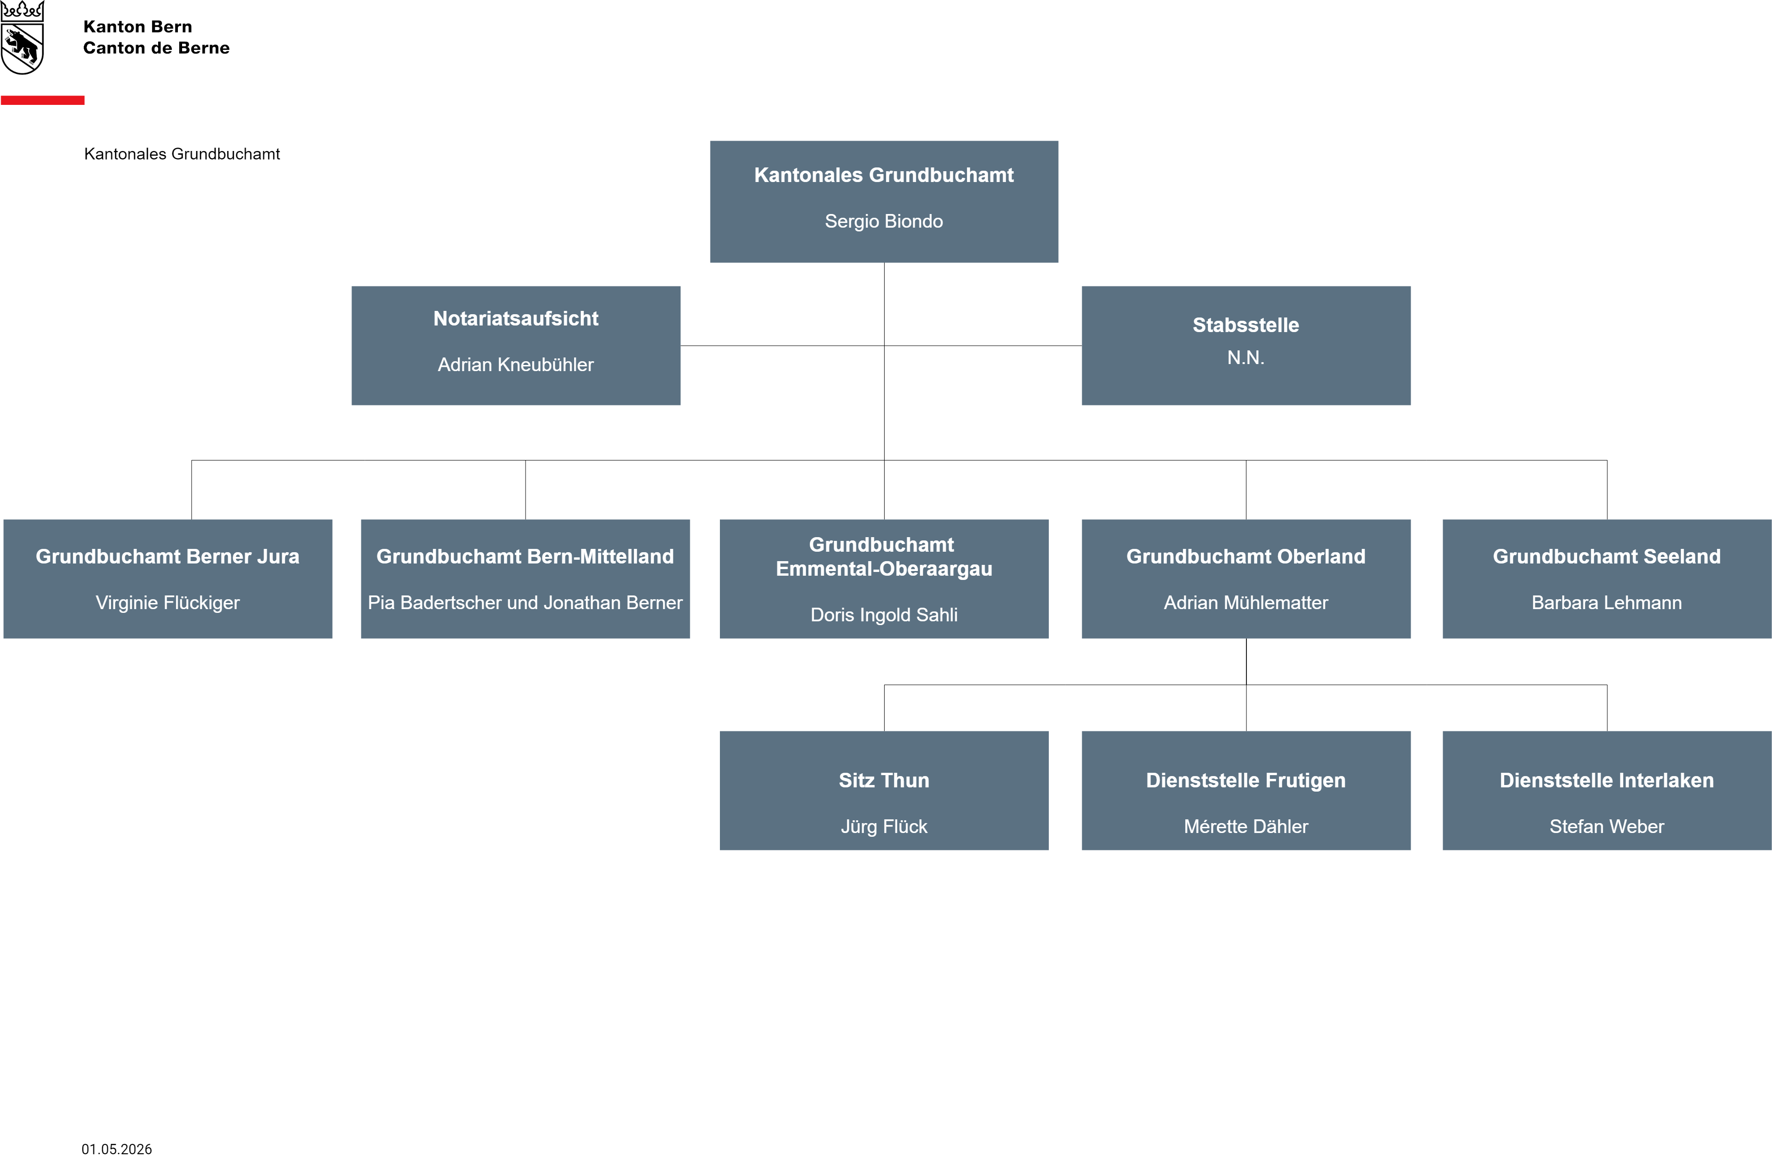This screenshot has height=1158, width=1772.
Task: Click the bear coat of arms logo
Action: tap(22, 37)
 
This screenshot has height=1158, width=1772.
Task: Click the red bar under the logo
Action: tap(42, 100)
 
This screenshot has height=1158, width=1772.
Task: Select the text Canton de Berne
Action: tap(156, 48)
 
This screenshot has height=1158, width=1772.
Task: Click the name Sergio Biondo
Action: tap(884, 221)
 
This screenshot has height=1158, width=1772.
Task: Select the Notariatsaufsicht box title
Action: tap(516, 318)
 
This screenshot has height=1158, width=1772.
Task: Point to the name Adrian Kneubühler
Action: tap(516, 365)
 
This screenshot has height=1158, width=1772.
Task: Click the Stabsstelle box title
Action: tap(1245, 325)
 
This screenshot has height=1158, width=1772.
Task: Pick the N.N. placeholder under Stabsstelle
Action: tap(1245, 358)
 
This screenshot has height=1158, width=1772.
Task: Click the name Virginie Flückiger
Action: tap(168, 603)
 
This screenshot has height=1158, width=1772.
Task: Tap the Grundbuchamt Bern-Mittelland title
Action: tap(525, 557)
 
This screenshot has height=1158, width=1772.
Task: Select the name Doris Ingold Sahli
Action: tap(884, 615)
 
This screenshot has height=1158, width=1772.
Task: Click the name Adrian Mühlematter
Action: tap(1245, 603)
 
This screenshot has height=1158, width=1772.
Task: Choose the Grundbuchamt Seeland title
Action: tap(1607, 557)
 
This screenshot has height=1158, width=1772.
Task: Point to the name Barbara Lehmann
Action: tap(1607, 603)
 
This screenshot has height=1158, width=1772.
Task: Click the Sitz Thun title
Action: tap(884, 781)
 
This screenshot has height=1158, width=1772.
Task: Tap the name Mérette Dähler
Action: tap(1245, 827)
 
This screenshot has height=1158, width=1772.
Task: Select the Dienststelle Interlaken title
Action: tap(1607, 781)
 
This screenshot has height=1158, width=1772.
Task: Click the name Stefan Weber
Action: tap(1607, 827)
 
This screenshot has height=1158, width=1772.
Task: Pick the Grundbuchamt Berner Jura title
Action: tap(168, 557)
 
